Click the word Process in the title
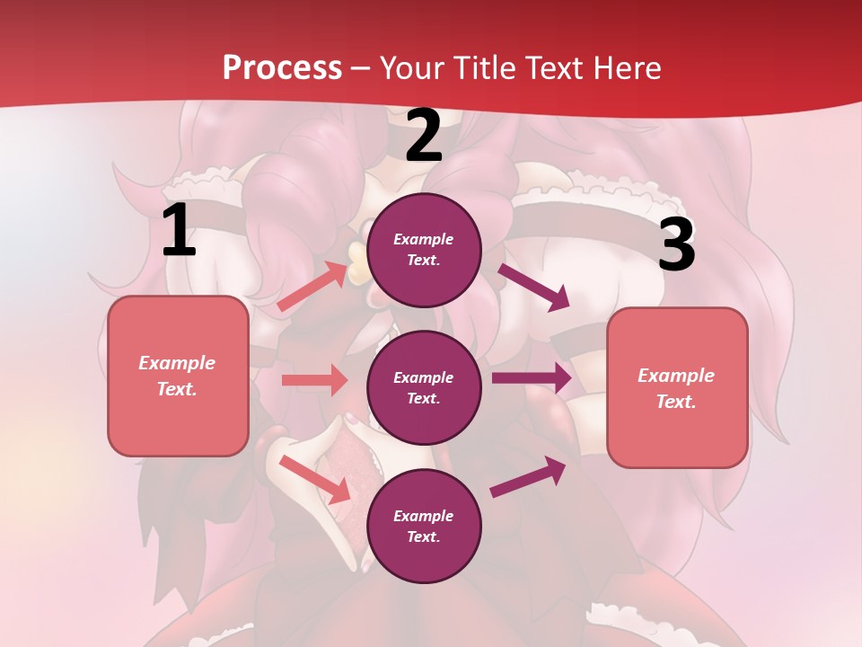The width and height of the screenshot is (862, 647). click(282, 68)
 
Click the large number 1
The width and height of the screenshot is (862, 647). click(179, 231)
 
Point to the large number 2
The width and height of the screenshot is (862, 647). click(424, 137)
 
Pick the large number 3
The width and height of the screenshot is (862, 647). click(676, 244)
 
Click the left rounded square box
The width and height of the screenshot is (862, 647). click(178, 376)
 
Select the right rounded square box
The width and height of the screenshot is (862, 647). click(677, 388)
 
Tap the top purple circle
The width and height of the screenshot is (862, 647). click(424, 250)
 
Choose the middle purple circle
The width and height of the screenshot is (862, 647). click(424, 387)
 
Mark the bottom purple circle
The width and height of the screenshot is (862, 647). click(424, 526)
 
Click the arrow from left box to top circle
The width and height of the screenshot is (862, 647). click(312, 287)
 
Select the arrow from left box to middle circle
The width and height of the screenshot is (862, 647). click(314, 380)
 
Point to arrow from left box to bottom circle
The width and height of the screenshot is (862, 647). click(314, 479)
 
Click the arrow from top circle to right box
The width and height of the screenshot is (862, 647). click(534, 287)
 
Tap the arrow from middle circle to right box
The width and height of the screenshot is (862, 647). click(532, 378)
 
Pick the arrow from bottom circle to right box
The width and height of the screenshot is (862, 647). click(529, 477)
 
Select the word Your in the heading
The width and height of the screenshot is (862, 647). click(411, 68)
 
